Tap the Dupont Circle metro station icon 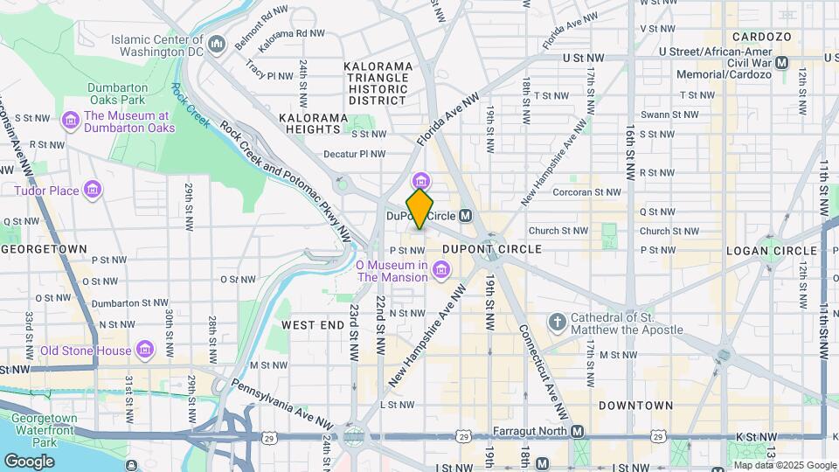466,215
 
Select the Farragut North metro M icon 577,432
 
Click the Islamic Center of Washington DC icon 218,42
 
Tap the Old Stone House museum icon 145,351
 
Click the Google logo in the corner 29,461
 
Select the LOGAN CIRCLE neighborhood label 772,251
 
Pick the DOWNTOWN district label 635,406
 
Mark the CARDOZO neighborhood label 761,37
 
